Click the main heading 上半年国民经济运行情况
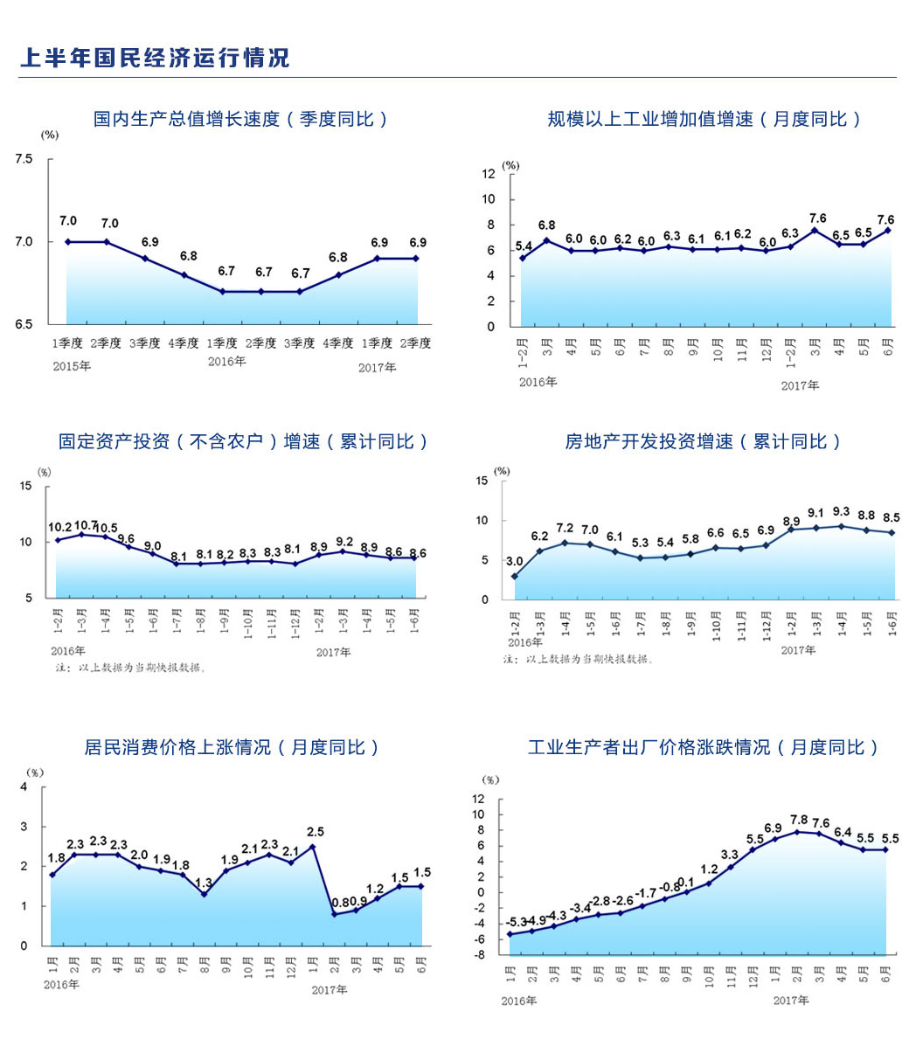coord(154,58)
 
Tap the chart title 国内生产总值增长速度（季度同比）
coord(240,119)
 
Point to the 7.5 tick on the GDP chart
coord(24,159)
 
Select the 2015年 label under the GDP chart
coord(72,366)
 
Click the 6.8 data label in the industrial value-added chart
coord(546,226)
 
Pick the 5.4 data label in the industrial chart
coord(524,246)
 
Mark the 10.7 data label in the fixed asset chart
coord(86,525)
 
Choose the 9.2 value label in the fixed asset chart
coord(344,542)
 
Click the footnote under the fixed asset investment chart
coord(131,668)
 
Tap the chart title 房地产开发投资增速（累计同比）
coord(703,441)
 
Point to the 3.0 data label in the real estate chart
coord(515,562)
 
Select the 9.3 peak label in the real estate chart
coord(841,512)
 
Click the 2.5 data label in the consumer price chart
coord(316,832)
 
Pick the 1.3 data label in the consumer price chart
coord(204,882)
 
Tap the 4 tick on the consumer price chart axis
coord(24,786)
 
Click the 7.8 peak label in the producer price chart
coord(798,820)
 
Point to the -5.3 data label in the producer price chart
coord(517,922)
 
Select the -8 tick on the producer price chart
coord(480,954)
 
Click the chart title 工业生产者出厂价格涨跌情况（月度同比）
coord(703,747)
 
